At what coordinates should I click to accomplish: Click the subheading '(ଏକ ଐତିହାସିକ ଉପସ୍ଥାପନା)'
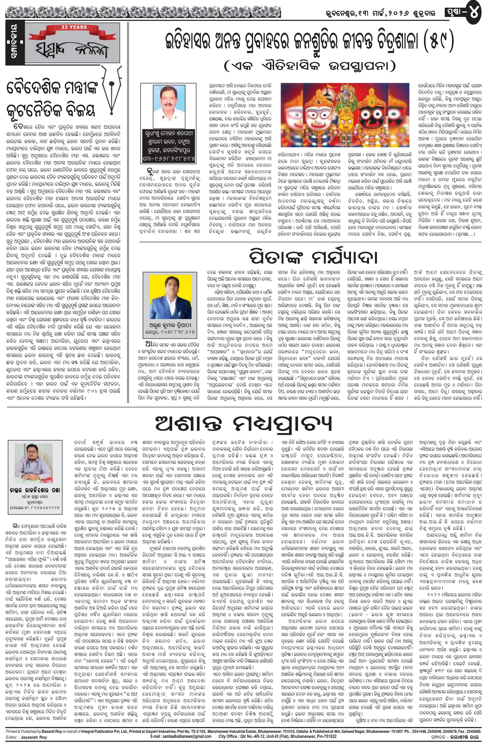(310, 66)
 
